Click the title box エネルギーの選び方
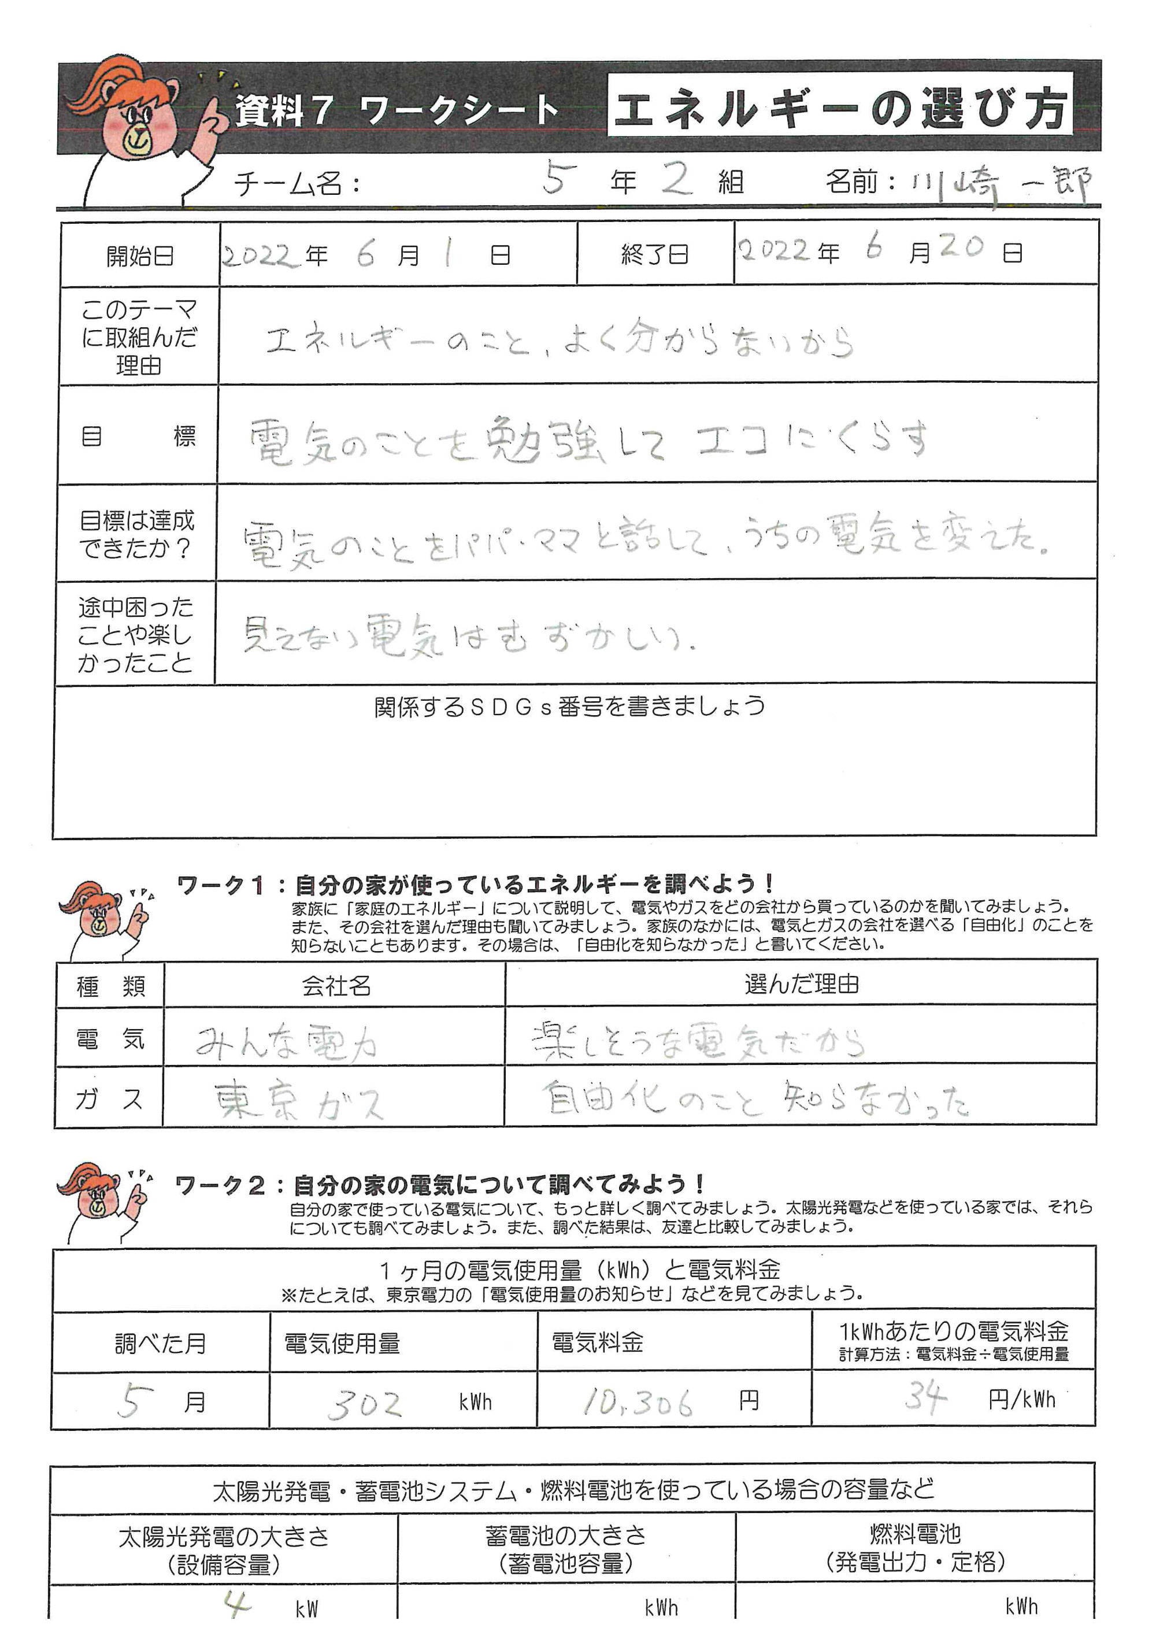[840, 109]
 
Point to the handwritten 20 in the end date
[962, 247]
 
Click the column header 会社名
[335, 986]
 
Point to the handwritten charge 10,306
[638, 1402]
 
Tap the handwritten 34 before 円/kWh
[925, 1397]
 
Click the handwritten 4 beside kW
[237, 1604]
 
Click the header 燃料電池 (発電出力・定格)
[915, 1547]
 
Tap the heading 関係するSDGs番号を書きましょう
[569, 706]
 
